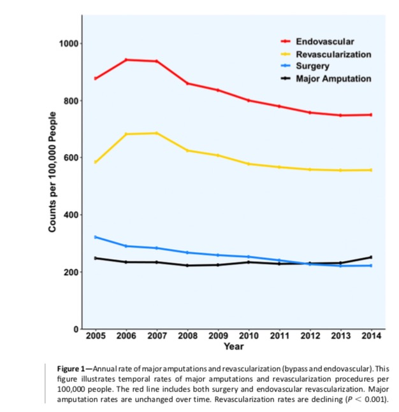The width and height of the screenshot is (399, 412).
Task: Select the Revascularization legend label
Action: tap(333, 54)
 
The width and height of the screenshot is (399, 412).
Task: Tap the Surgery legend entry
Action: tap(312, 66)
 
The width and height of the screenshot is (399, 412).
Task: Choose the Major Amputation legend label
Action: tap(333, 78)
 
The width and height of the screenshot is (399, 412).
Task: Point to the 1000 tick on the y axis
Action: tap(68, 43)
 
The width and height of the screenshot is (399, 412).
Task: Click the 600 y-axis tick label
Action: tap(69, 158)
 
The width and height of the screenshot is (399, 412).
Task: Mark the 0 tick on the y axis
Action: tap(75, 329)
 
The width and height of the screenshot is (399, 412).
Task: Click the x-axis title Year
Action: tap(233, 347)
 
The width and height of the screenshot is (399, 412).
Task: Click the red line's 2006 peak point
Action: tap(126, 60)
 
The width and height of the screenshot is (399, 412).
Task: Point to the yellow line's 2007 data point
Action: tap(157, 133)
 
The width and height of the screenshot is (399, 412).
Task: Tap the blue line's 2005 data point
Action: tap(96, 237)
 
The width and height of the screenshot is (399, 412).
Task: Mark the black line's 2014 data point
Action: tap(371, 257)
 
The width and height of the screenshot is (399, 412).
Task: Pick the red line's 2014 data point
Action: tap(371, 115)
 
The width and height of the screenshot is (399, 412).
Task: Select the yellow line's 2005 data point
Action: tap(96, 162)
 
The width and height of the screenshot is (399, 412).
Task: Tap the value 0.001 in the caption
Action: tap(375, 399)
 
